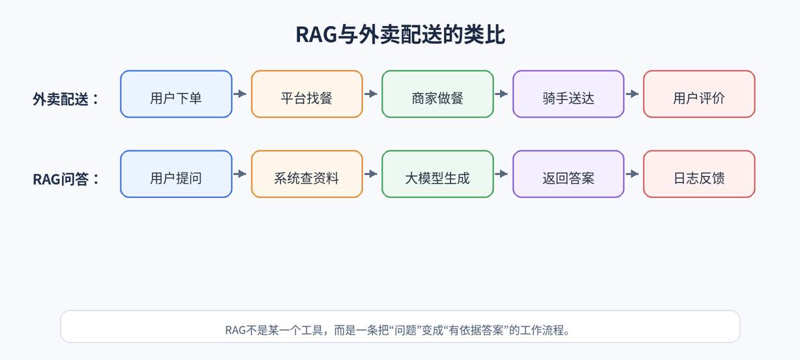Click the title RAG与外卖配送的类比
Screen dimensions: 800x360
coord(400,35)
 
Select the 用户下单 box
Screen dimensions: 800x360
coord(176,94)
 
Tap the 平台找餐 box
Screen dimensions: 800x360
coord(307,94)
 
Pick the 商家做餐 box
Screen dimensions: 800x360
coord(437,94)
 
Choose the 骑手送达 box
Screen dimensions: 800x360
coord(568,94)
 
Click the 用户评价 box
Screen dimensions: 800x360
coord(699,94)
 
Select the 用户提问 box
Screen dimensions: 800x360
coord(176,174)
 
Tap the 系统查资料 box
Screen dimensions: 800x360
coord(307,174)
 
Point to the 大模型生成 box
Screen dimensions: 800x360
coord(437,174)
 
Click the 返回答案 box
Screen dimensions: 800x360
coord(568,174)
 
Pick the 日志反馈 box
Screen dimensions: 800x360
coord(699,174)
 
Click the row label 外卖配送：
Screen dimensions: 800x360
coord(66,99)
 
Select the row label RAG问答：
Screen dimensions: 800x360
coord(66,179)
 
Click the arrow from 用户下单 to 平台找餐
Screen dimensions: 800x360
coord(240,94)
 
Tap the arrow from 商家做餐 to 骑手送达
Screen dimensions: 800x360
coord(501,94)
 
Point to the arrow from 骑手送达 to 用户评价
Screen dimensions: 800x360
coord(632,94)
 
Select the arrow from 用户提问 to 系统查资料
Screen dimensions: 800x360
coord(240,174)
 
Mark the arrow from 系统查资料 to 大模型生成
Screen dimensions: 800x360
coord(370,174)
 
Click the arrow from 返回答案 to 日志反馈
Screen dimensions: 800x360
coord(632,174)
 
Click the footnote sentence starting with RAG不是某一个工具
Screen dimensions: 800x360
coord(397,330)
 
